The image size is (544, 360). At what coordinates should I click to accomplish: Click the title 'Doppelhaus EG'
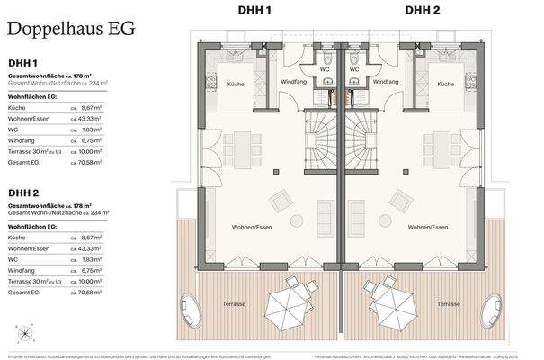pos(71,27)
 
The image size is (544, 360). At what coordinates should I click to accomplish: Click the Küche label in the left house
pos(236,84)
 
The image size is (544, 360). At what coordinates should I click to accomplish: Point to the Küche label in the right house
pos(444,84)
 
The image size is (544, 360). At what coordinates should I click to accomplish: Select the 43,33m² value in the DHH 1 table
pos(91,119)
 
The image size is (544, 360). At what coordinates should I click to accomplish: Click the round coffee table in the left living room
pos(293,220)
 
